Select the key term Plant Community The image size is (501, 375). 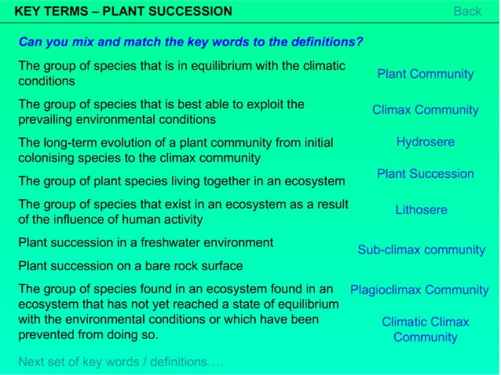[425, 74]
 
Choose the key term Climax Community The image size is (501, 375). [425, 110]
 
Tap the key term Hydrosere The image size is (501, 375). [425, 142]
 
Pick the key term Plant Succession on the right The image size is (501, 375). [425, 173]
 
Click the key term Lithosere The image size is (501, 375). [421, 209]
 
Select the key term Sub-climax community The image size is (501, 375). [421, 249]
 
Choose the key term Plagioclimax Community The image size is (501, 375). [419, 289]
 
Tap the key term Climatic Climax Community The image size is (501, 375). [425, 329]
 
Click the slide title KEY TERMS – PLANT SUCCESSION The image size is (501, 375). [123, 11]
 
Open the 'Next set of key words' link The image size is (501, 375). [120, 362]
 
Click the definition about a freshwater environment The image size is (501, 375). [145, 242]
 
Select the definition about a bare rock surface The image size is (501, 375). [130, 265]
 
